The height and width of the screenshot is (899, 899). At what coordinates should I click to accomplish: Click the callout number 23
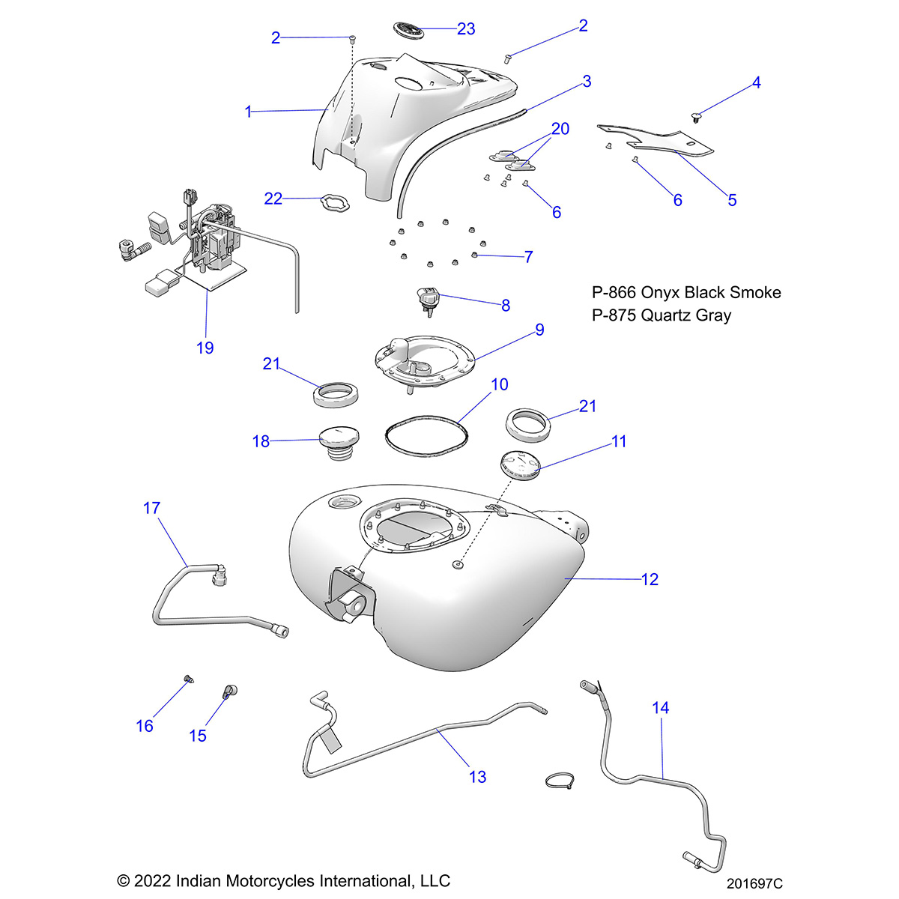pyautogui.click(x=466, y=29)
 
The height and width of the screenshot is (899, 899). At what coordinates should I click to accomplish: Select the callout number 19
pyautogui.click(x=205, y=348)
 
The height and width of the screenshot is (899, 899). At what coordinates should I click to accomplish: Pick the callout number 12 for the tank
pyautogui.click(x=650, y=579)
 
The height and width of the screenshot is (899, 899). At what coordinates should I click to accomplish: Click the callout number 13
pyautogui.click(x=477, y=777)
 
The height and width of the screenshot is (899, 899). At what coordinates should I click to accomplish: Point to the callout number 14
pyautogui.click(x=660, y=708)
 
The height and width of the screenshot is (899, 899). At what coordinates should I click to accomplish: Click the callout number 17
pyautogui.click(x=151, y=509)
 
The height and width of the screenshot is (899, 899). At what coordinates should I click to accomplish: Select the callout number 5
pyautogui.click(x=732, y=200)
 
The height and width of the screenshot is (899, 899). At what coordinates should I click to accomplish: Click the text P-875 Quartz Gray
pyautogui.click(x=661, y=315)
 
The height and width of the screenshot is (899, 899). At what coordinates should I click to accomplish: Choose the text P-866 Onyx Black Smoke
pyautogui.click(x=685, y=292)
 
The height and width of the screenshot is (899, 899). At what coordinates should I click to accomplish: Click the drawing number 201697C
pyautogui.click(x=754, y=884)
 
